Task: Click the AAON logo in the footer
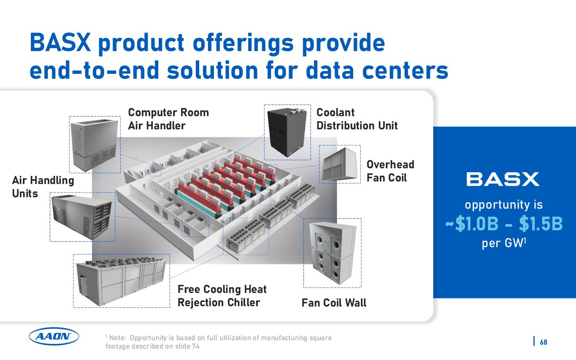point(54,336)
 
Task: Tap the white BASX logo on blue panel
point(503,179)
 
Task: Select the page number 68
point(544,342)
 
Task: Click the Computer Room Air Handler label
point(168,119)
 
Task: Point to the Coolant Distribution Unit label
point(357,119)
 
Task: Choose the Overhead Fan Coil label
point(390,171)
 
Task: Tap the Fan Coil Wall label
point(334,303)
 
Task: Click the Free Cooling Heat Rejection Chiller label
point(222,296)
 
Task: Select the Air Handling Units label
point(43,187)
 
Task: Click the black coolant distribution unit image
point(287,132)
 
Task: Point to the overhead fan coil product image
point(340,164)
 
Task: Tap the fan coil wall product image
point(333,253)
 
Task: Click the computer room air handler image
point(94,144)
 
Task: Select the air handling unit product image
point(82,217)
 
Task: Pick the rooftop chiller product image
point(121,281)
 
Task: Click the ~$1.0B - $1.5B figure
point(504,224)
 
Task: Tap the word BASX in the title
point(60,43)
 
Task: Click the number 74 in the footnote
point(196,346)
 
